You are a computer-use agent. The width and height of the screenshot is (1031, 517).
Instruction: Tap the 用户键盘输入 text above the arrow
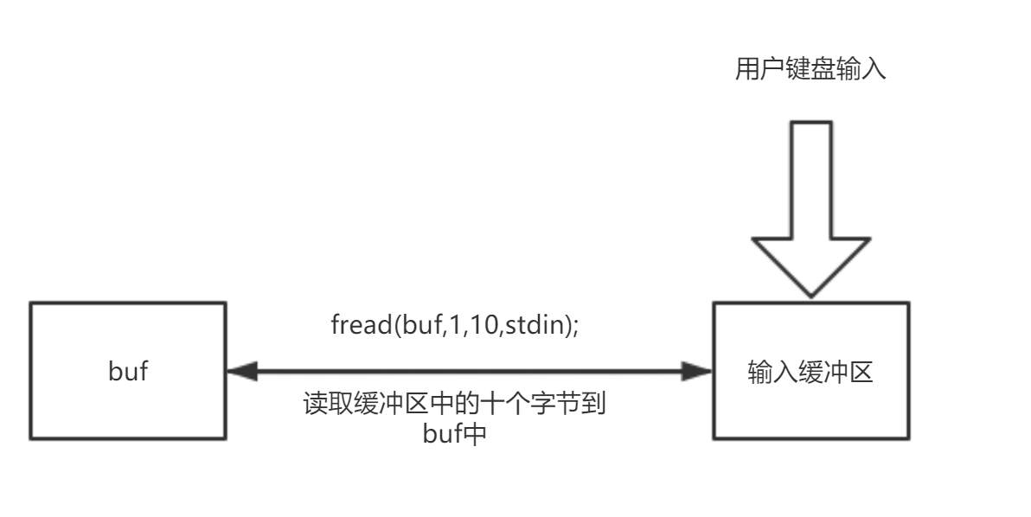click(810, 71)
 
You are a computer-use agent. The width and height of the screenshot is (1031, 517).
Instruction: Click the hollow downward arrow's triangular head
click(810, 269)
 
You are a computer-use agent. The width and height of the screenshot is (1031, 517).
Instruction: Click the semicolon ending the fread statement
click(576, 328)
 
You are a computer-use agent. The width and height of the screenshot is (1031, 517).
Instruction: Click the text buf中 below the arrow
click(456, 431)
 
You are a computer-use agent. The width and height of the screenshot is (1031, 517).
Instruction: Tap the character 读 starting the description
click(314, 405)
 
